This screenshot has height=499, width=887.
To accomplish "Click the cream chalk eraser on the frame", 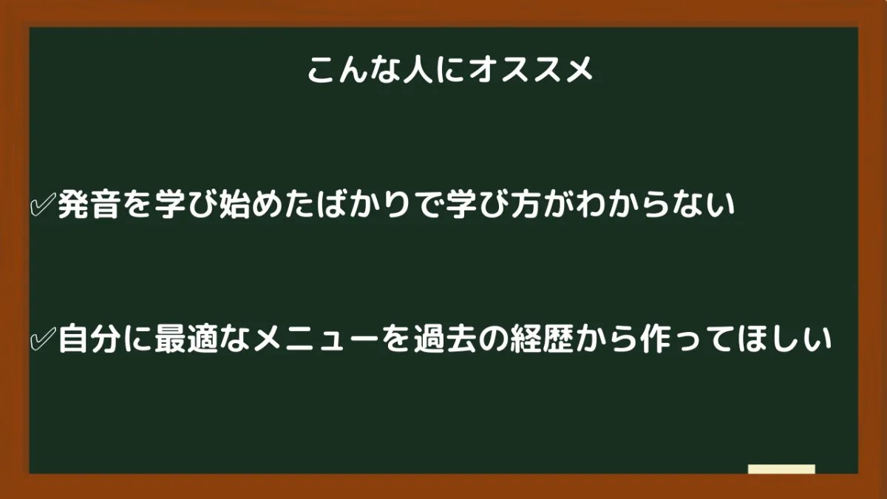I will [x=781, y=469].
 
